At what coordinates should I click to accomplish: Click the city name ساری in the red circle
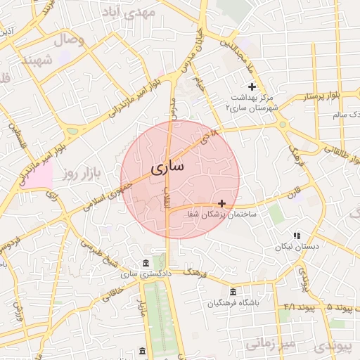(x=167, y=168)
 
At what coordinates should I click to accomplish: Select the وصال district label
(x=67, y=40)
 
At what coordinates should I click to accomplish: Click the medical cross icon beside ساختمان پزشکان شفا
(x=222, y=202)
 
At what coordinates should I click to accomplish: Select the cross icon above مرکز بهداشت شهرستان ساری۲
(x=252, y=86)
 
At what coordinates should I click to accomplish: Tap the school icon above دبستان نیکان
(x=297, y=235)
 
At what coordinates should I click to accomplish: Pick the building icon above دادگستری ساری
(x=146, y=263)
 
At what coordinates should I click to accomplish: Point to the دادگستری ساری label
(x=147, y=274)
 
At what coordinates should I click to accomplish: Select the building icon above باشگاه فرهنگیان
(x=233, y=292)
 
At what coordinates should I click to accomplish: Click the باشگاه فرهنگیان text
(x=233, y=304)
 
